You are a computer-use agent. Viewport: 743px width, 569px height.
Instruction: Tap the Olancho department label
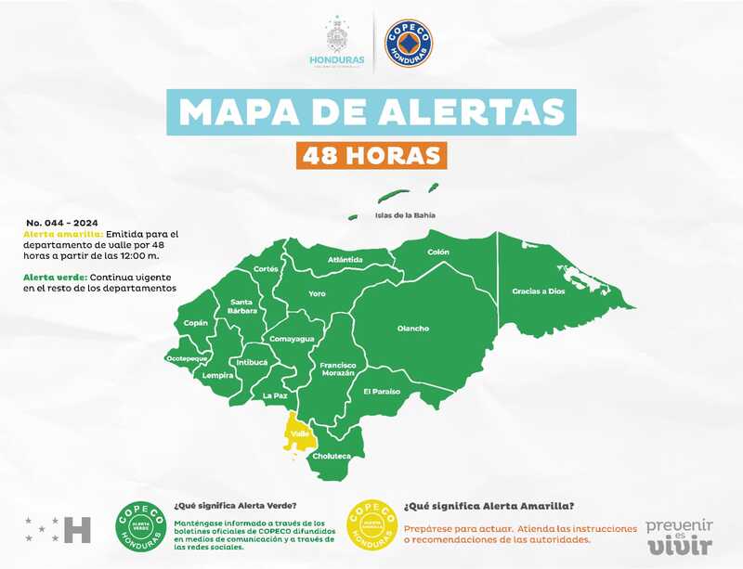413,328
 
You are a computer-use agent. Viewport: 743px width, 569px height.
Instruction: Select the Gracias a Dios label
538,291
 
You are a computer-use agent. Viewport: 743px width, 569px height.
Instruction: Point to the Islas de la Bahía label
404,215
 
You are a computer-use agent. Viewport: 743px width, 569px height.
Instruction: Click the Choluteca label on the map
331,457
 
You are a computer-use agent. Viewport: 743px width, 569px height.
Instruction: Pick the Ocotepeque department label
187,357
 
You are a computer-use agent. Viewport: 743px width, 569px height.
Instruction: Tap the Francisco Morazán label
338,369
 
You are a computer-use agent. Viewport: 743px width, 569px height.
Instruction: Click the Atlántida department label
345,260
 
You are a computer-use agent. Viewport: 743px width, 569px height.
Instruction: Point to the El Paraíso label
382,392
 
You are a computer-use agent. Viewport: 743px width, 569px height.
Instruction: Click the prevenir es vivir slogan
679,536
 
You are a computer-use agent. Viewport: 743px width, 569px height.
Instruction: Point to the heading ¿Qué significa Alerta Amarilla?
489,506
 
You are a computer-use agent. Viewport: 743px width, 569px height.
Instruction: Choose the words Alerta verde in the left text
50,278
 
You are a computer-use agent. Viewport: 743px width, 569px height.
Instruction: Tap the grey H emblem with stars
59,529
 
